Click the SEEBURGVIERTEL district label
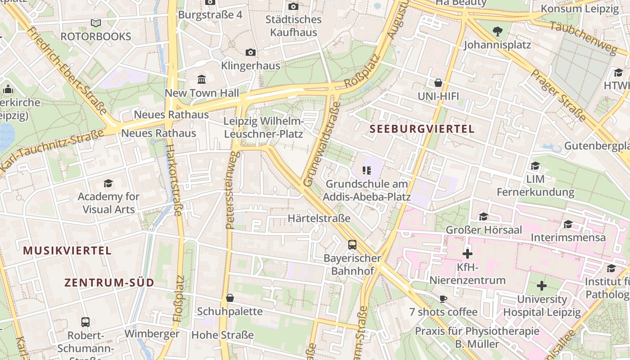422,129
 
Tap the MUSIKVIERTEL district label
67,251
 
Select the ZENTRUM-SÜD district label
109,283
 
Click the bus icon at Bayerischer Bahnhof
352,245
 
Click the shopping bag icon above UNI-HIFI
438,83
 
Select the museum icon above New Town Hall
202,80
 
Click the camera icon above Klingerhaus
251,53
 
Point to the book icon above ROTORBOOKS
95,23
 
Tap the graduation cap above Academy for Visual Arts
108,183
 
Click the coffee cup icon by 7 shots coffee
443,299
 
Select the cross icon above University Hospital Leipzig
542,286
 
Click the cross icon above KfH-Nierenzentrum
468,254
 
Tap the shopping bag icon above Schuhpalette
230,298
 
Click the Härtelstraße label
319,219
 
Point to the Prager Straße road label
558,95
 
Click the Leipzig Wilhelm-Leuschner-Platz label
264,127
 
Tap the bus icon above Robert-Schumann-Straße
85,322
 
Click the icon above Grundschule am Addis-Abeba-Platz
366,171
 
